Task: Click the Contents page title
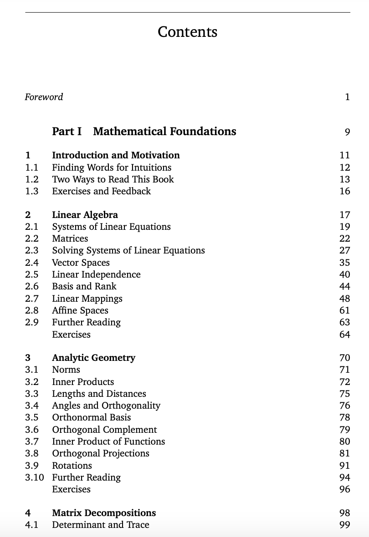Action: (187, 32)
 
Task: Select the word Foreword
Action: (44, 97)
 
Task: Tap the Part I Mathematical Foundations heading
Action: (144, 132)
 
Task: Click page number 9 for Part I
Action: (347, 132)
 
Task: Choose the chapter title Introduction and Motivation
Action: (116, 155)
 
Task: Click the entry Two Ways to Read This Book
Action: (113, 179)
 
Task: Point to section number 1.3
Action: (31, 191)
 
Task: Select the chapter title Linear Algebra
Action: (85, 215)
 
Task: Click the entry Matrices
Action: (70, 238)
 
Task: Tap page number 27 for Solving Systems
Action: (344, 251)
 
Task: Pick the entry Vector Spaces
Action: (81, 263)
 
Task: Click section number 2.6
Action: (31, 286)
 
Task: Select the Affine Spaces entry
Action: (80, 310)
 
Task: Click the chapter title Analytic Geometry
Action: (93, 358)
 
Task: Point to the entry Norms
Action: (66, 370)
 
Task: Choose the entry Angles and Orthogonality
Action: (106, 405)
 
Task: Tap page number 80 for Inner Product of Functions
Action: (344, 441)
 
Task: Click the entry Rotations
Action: (72, 466)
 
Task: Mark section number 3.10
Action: (34, 477)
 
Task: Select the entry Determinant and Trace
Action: (101, 525)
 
